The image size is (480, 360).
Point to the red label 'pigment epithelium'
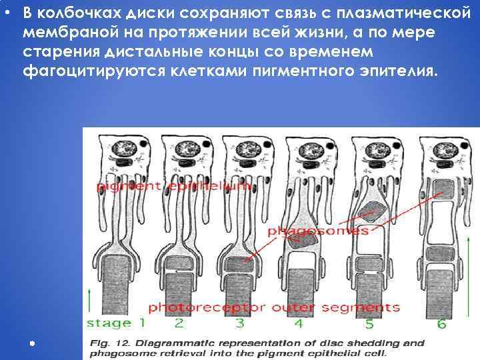(x=175, y=187)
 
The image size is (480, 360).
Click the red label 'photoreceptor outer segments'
(x=273, y=307)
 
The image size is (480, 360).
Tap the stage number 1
(x=140, y=323)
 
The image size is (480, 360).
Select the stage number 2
(x=179, y=323)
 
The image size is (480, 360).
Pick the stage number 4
(x=298, y=323)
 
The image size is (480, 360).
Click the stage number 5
(x=369, y=323)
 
